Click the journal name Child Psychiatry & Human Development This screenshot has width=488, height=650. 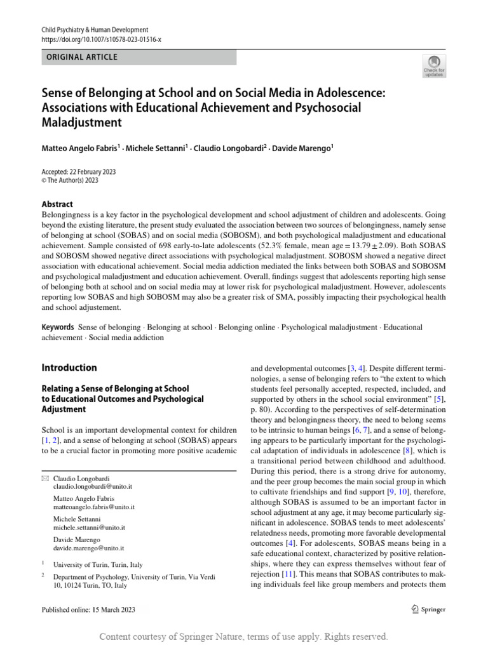[95, 30]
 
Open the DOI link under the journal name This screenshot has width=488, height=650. [101, 39]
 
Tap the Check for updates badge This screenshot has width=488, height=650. [435, 66]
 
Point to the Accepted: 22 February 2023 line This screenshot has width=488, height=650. [79, 172]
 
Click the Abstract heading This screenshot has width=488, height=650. [57, 204]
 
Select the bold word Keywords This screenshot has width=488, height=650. [58, 328]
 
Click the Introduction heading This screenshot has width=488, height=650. [69, 368]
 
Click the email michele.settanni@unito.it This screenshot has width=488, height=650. [89, 527]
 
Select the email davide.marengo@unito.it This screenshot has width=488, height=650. [88, 547]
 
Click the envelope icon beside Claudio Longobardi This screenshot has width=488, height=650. [44, 477]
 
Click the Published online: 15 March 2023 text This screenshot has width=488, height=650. [88, 609]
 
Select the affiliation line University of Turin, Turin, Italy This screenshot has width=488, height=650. [98, 564]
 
